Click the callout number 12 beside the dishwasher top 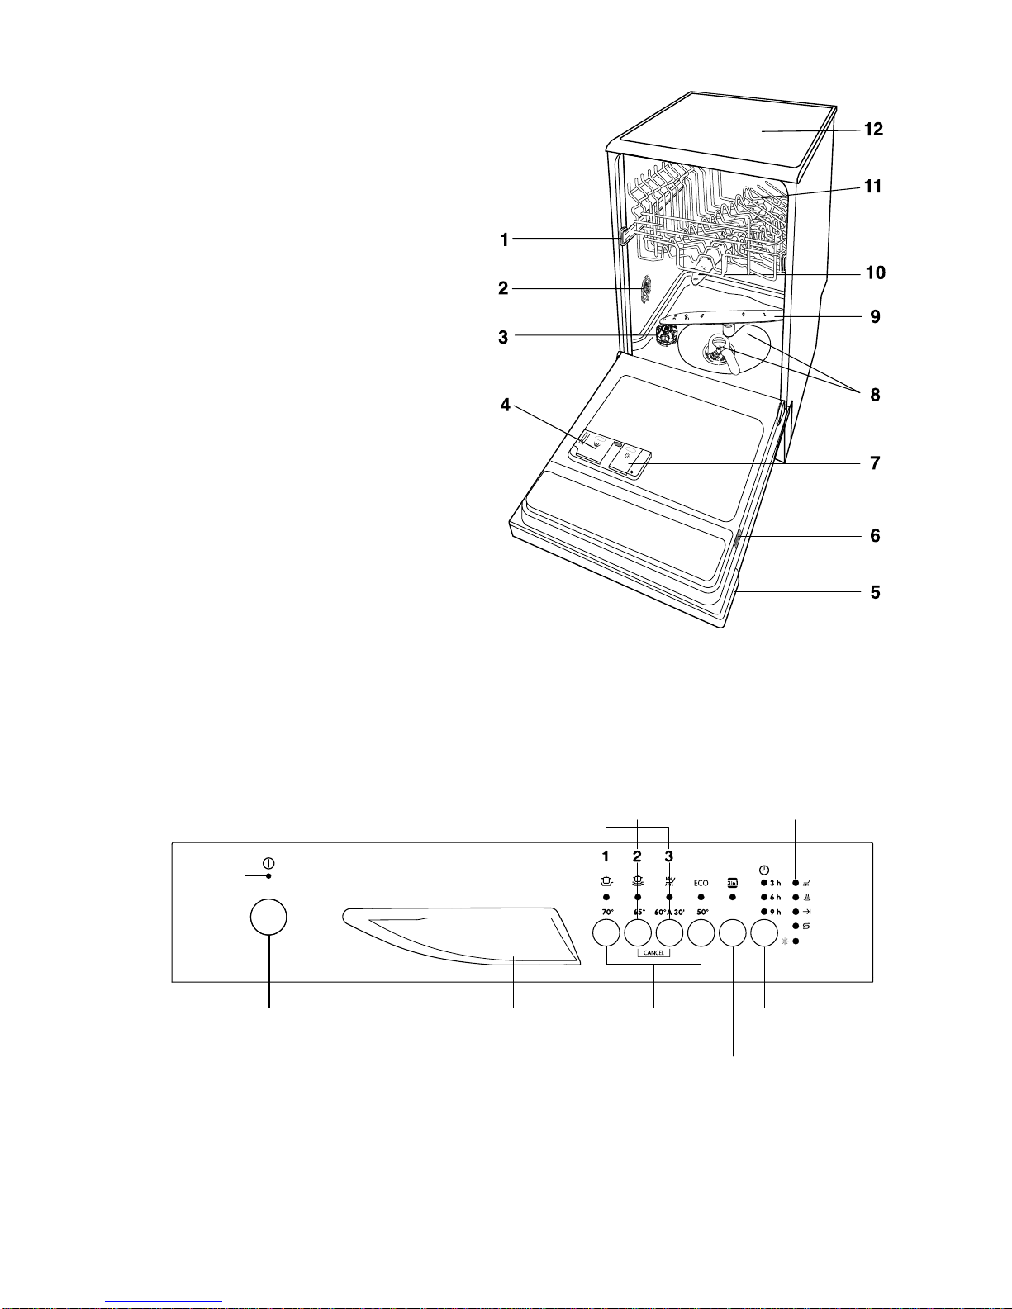[x=873, y=129]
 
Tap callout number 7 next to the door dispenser [x=875, y=462]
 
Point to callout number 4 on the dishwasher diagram [x=506, y=405]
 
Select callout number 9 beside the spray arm [x=875, y=316]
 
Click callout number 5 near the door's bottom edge [x=875, y=592]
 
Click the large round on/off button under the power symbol [x=268, y=917]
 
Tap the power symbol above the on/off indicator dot [x=268, y=863]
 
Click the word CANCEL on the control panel [x=653, y=953]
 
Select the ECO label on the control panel [x=701, y=883]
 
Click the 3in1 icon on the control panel [x=733, y=883]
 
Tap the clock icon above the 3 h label [x=764, y=870]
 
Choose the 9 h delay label [x=775, y=912]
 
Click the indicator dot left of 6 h [x=764, y=898]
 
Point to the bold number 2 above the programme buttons [x=637, y=856]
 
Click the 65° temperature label [x=639, y=912]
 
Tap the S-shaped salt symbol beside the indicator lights [x=806, y=926]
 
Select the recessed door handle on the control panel [x=461, y=936]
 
